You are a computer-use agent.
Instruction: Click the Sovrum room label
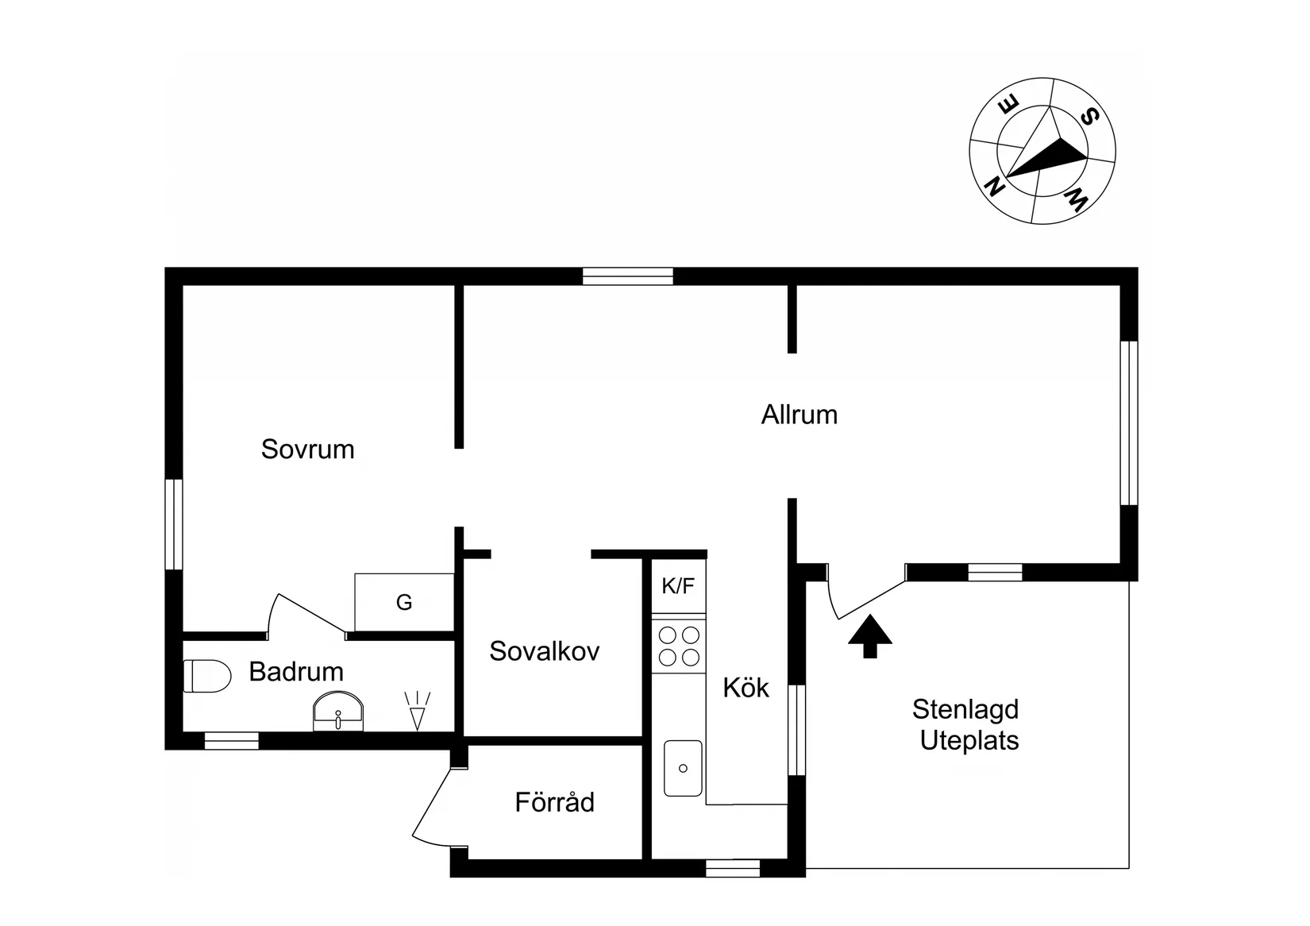tap(307, 449)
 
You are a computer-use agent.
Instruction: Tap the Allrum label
tap(799, 415)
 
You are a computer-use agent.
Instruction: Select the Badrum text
tap(296, 672)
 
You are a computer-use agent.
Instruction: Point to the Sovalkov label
tap(545, 651)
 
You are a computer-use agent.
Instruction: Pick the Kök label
tap(746, 687)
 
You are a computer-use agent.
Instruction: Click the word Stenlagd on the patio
tap(965, 709)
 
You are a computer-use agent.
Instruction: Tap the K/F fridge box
tap(678, 585)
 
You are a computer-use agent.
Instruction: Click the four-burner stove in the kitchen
tap(679, 646)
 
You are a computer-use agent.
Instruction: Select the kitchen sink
tap(683, 768)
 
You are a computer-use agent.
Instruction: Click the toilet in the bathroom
tap(207, 676)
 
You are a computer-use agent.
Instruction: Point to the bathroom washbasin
tap(338, 712)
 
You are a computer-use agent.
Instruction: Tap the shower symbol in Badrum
tap(417, 711)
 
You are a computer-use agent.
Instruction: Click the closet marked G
tap(404, 602)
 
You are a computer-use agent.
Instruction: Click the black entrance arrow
tap(870, 636)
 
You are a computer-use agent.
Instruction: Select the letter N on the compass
tap(994, 187)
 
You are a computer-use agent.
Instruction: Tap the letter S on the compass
tap(1089, 117)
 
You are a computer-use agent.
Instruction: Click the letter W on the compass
tap(1076, 201)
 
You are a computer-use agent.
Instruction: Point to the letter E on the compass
tap(1009, 106)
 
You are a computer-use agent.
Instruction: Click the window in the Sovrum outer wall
tap(174, 524)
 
